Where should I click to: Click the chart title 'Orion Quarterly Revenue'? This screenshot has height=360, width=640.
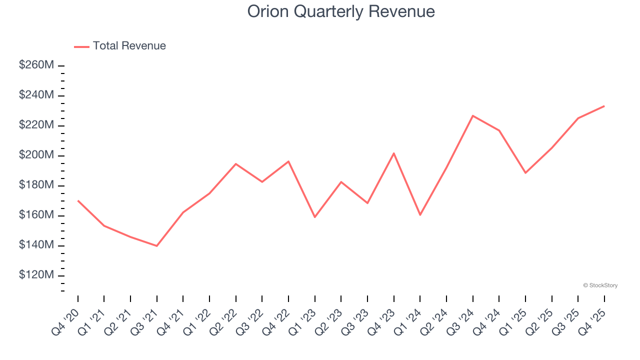click(341, 11)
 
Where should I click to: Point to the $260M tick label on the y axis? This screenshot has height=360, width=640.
click(36, 65)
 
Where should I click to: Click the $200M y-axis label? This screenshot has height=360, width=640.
click(36, 155)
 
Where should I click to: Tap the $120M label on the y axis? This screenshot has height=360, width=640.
click(36, 275)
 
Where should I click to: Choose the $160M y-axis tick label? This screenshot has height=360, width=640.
click(36, 215)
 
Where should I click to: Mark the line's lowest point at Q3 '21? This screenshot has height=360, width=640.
click(157, 246)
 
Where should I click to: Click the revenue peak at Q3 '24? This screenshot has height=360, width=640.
click(473, 115)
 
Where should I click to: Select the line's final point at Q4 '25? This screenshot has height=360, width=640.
click(604, 106)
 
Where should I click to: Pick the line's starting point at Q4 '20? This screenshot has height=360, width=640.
click(78, 200)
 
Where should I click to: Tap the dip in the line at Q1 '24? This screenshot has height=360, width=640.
click(420, 215)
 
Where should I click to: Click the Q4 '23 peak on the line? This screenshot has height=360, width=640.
click(394, 153)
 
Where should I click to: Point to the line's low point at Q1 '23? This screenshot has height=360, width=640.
click(315, 217)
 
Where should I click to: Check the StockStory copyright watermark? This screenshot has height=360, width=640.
click(600, 285)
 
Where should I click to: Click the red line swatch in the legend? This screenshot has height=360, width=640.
click(81, 46)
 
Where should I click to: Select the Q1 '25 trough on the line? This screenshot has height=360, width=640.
click(525, 173)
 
